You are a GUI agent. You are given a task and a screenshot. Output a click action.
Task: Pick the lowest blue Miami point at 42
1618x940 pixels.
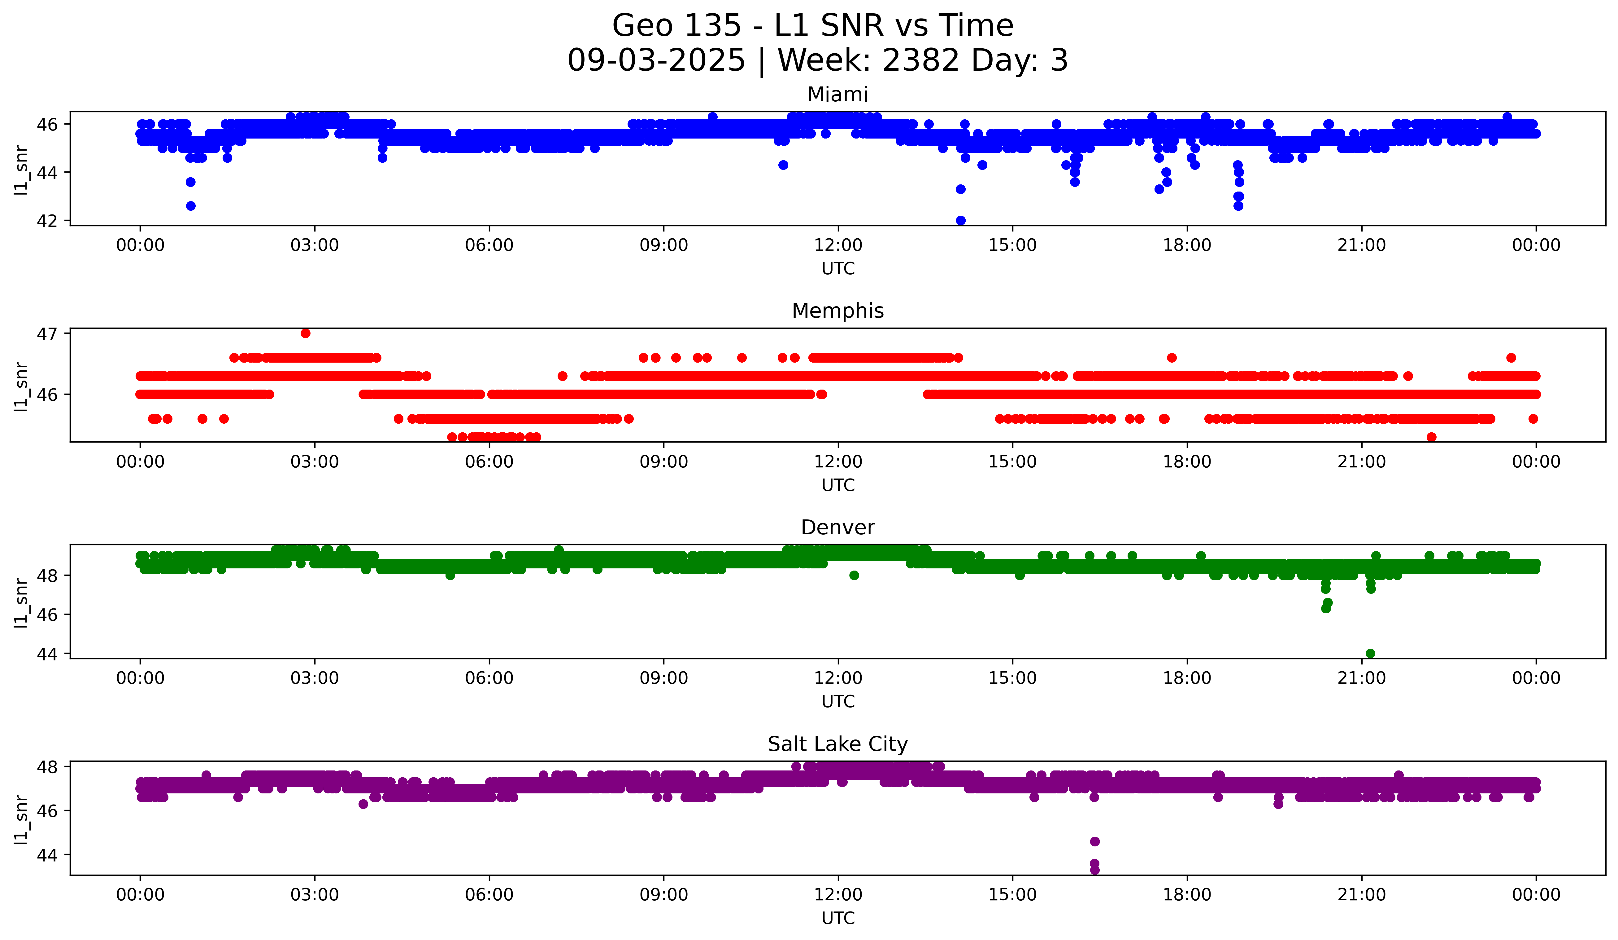(x=960, y=220)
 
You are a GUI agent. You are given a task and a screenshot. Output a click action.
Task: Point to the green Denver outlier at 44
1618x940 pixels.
(x=1370, y=653)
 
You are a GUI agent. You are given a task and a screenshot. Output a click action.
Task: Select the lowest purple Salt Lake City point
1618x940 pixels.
(x=1095, y=870)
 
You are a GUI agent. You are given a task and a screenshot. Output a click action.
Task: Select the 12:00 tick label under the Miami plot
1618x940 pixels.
(x=838, y=245)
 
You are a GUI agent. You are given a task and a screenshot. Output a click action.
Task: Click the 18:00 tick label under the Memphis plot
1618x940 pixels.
(x=1187, y=462)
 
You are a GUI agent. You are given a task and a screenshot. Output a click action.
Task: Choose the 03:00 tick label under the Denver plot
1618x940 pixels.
(x=315, y=678)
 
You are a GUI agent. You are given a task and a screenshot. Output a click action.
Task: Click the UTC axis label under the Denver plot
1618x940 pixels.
(x=838, y=702)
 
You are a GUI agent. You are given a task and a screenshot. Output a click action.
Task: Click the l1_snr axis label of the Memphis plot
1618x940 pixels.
(x=21, y=386)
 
